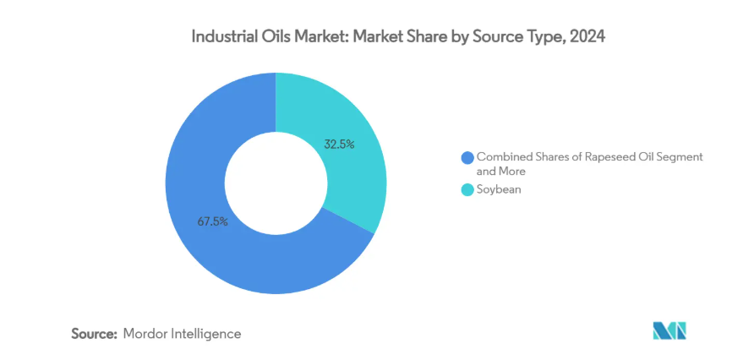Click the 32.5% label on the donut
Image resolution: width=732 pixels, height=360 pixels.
tap(339, 145)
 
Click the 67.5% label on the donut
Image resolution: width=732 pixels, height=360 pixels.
tap(211, 222)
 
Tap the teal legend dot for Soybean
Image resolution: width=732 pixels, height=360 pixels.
tap(467, 189)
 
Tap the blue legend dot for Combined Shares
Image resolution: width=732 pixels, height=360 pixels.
tap(467, 157)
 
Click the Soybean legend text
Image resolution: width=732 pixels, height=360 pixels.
tap(499, 189)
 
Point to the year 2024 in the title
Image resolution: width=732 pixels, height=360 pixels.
tap(588, 38)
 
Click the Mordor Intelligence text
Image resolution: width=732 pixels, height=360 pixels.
tap(182, 334)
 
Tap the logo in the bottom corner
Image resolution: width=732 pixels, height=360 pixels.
tap(669, 330)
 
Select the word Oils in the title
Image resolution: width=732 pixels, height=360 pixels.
tap(276, 38)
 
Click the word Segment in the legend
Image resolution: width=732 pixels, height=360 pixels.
tap(668, 157)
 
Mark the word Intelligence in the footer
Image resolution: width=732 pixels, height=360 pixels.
tap(205, 334)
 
